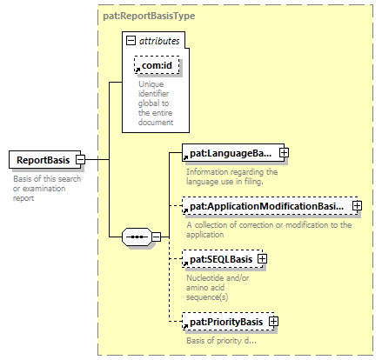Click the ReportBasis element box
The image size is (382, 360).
tap(45, 159)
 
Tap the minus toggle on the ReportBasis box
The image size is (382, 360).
tap(80, 159)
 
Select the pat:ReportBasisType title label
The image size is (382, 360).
tap(149, 16)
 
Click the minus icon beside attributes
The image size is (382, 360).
tap(131, 40)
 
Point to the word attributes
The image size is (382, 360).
tap(159, 41)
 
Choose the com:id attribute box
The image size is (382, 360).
tap(157, 65)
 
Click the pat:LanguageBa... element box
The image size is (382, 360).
tap(233, 153)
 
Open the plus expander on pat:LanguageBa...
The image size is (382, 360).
tap(284, 153)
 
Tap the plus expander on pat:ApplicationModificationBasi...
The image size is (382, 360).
tap(357, 206)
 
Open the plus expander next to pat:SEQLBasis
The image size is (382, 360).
tap(262, 259)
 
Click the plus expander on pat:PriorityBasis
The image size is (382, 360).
tap(273, 322)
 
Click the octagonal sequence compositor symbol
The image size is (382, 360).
tap(137, 237)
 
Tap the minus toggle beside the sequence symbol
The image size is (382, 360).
tap(156, 237)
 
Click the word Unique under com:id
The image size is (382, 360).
tap(151, 84)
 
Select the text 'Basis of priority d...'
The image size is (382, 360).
tap(221, 341)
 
